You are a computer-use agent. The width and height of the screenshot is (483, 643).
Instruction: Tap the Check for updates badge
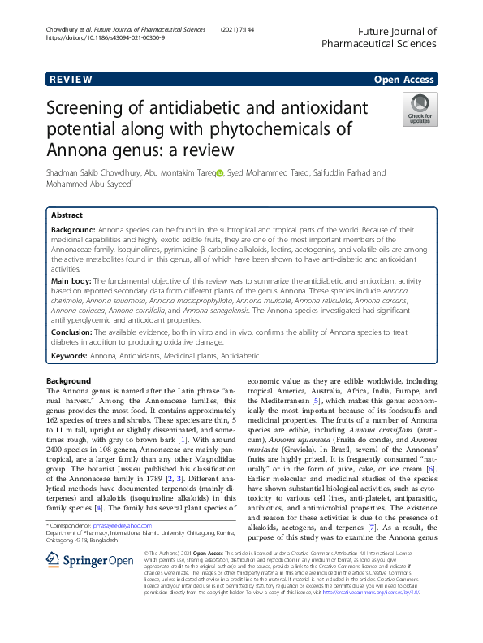(420, 110)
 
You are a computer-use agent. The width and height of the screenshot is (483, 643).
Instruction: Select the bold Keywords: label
(71, 356)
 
